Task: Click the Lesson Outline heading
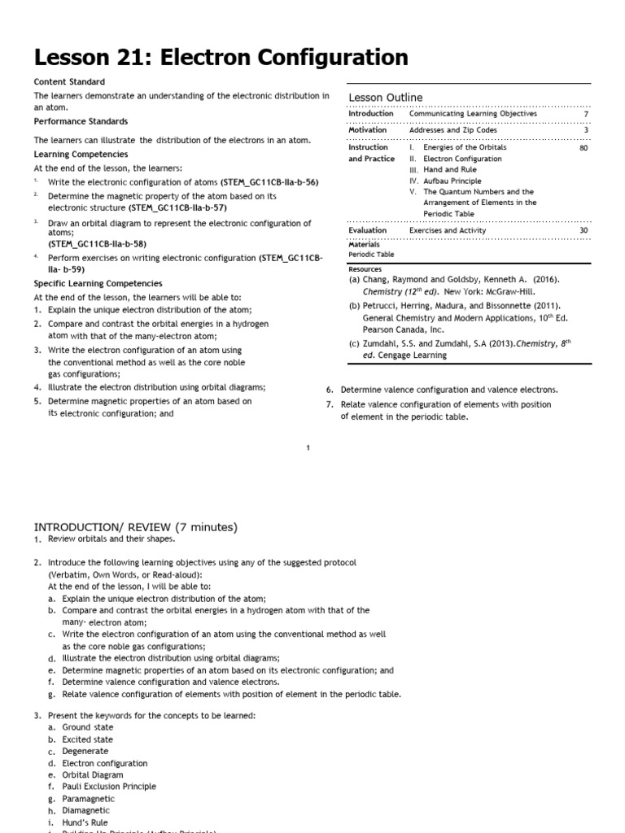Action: click(x=386, y=98)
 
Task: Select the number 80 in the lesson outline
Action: click(x=583, y=147)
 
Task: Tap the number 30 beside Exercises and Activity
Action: click(x=583, y=230)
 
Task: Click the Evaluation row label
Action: click(x=368, y=230)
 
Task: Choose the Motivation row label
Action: click(x=368, y=129)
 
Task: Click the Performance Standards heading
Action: click(x=80, y=121)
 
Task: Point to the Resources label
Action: click(x=366, y=268)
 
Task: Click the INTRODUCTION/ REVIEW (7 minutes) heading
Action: click(x=135, y=527)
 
